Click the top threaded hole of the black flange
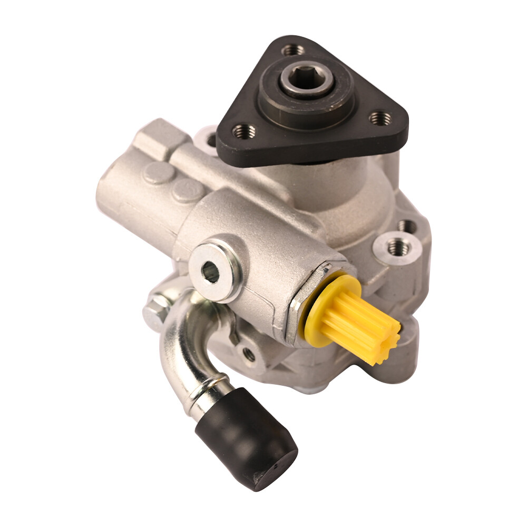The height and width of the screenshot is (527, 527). point(293,51)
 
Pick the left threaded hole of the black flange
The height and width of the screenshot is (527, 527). point(243,130)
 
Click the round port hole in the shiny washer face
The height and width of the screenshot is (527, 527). point(210,272)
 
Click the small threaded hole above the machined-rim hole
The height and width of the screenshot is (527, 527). point(407,226)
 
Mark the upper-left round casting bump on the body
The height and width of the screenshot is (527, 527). point(159,173)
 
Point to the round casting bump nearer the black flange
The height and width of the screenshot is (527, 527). point(187,190)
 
